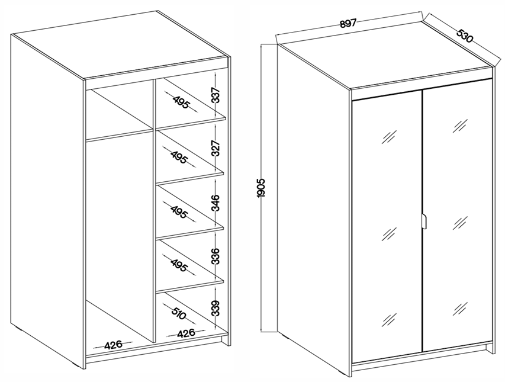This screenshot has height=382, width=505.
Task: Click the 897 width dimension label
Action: tap(348, 24)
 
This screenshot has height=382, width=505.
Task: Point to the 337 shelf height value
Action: tap(215, 95)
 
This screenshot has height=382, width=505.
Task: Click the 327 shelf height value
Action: tap(215, 148)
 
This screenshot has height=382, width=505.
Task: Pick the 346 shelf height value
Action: tap(215, 203)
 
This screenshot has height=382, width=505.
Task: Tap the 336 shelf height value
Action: tap(215, 256)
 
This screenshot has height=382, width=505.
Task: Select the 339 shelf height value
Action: tap(215, 308)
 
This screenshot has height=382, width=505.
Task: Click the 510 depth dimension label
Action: tap(179, 313)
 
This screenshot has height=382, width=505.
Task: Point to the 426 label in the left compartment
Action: tap(114, 345)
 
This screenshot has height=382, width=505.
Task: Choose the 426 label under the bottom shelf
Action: tap(186, 333)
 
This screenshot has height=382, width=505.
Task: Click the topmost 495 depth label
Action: tap(181, 102)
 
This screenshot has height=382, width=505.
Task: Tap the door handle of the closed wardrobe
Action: tap(424, 222)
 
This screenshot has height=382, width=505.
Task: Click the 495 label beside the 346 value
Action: tap(179, 211)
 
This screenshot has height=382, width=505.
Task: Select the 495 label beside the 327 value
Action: tap(179, 157)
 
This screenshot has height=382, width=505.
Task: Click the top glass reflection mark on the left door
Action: tap(389, 137)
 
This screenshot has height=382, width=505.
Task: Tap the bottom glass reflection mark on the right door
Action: tap(460, 309)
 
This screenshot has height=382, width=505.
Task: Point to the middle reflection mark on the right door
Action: tap(460, 223)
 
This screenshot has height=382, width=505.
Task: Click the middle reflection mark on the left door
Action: tap(389, 234)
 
